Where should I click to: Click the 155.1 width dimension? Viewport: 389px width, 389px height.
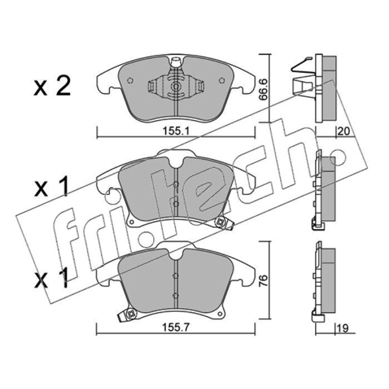pos(176,131)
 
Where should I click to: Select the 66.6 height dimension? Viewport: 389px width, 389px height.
pos(264,89)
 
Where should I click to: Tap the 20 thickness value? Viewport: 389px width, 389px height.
pos(344,131)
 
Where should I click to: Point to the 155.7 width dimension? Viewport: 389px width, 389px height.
pos(176,328)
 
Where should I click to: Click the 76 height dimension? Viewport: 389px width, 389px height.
pos(264,281)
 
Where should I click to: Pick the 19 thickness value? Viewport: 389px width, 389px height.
pos(343,328)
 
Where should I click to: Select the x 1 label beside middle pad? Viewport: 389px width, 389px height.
pos(52,188)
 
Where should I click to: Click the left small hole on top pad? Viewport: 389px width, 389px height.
pos(130,81)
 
